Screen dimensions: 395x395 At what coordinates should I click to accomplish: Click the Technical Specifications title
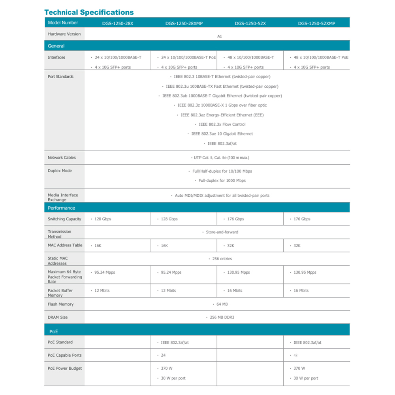coord(89,12)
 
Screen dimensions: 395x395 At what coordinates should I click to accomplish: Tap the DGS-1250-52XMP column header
coord(316,23)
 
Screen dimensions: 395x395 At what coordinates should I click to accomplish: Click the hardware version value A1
coord(220,36)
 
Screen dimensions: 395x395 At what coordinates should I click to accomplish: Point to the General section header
coord(56,46)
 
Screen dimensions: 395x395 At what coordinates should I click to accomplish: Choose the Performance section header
coord(61,208)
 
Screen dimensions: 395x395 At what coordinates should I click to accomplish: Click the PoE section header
coord(54,331)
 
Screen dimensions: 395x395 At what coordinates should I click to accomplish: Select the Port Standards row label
coord(60,77)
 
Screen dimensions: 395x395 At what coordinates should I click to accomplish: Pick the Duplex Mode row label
coord(60,171)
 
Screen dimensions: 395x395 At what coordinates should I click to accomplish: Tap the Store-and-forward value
coord(222,232)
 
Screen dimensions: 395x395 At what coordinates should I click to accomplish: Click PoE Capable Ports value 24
coord(163,355)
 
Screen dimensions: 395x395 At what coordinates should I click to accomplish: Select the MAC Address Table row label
coord(65,245)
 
